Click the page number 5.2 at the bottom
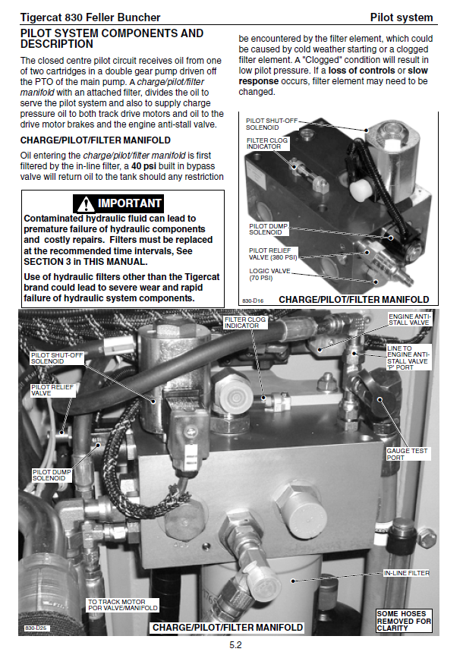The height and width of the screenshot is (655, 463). click(235, 645)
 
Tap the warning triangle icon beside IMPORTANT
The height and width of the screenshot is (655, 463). click(86, 204)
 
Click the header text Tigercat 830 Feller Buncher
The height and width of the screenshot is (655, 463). click(90, 17)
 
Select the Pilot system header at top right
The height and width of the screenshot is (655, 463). click(402, 17)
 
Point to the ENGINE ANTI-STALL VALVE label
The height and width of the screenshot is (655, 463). click(409, 320)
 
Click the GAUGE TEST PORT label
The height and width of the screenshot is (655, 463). click(407, 454)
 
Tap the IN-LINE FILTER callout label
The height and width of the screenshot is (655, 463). click(407, 573)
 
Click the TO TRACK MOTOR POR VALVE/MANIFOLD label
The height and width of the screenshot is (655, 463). click(123, 605)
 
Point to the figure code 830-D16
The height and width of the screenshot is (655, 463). click(253, 301)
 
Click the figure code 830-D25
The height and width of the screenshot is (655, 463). click(36, 628)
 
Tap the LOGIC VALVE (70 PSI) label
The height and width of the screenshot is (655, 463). click(269, 275)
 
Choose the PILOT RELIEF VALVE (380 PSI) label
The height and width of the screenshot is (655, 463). click(273, 254)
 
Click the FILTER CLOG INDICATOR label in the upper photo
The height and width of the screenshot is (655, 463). click(267, 143)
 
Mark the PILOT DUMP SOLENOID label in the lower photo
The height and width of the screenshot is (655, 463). click(52, 475)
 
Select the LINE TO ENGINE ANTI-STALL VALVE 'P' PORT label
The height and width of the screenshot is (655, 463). click(408, 357)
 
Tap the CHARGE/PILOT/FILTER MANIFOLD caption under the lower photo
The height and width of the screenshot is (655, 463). click(227, 628)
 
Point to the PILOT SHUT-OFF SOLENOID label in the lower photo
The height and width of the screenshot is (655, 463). click(57, 358)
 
